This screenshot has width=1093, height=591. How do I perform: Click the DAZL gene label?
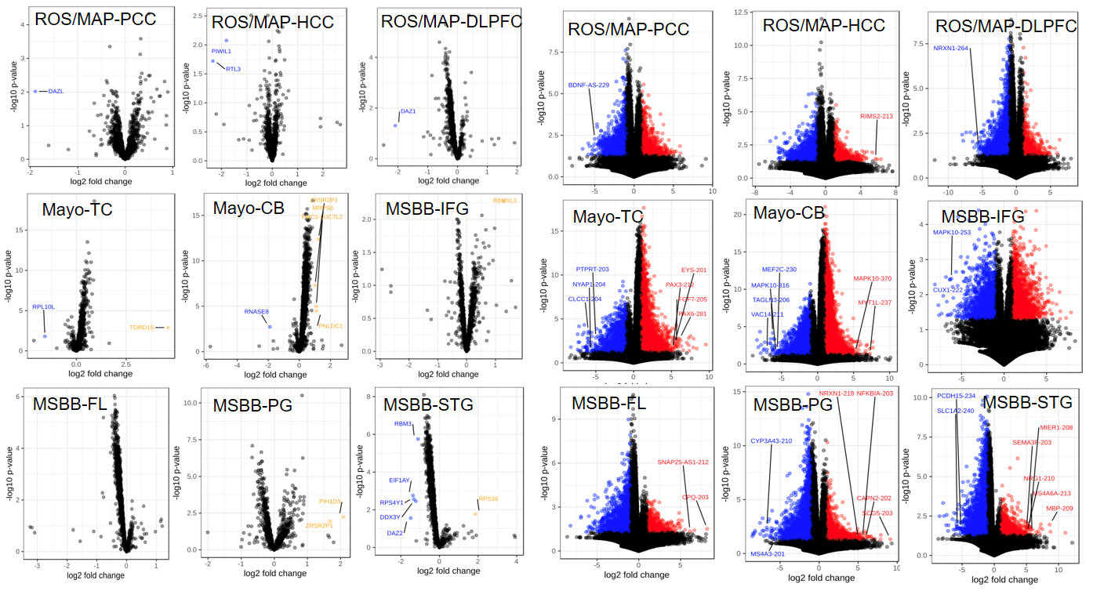pyautogui.click(x=56, y=91)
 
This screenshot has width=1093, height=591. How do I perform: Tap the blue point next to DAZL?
pyautogui.click(x=34, y=91)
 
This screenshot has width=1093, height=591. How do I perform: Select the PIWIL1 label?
pyautogui.click(x=221, y=51)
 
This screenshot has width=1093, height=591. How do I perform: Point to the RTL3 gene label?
pyautogui.click(x=233, y=69)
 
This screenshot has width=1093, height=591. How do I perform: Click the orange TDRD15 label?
pyautogui.click(x=141, y=327)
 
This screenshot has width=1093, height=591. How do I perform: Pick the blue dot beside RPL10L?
pyautogui.click(x=45, y=336)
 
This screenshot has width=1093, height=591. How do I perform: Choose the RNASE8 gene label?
pyautogui.click(x=256, y=311)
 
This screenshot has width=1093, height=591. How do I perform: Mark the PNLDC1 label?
pyautogui.click(x=329, y=325)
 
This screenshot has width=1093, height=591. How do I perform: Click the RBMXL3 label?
pyautogui.click(x=504, y=201)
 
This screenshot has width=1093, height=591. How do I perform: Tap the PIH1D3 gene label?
pyautogui.click(x=329, y=501)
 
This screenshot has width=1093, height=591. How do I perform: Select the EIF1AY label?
pyautogui.click(x=399, y=480)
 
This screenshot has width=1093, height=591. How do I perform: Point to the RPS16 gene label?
pyautogui.click(x=488, y=499)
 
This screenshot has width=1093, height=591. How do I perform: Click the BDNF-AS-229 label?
pyautogui.click(x=589, y=85)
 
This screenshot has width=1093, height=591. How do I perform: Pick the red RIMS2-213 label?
pyautogui.click(x=876, y=116)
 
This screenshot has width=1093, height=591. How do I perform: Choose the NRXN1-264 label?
pyautogui.click(x=951, y=48)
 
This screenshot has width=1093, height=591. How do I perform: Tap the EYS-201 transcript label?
pyautogui.click(x=694, y=270)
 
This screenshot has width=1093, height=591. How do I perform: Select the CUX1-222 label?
pyautogui.click(x=947, y=290)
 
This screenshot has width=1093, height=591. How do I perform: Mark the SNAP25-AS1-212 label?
pyautogui.click(x=683, y=462)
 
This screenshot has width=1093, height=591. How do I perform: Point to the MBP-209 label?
pyautogui.click(x=1060, y=508)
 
